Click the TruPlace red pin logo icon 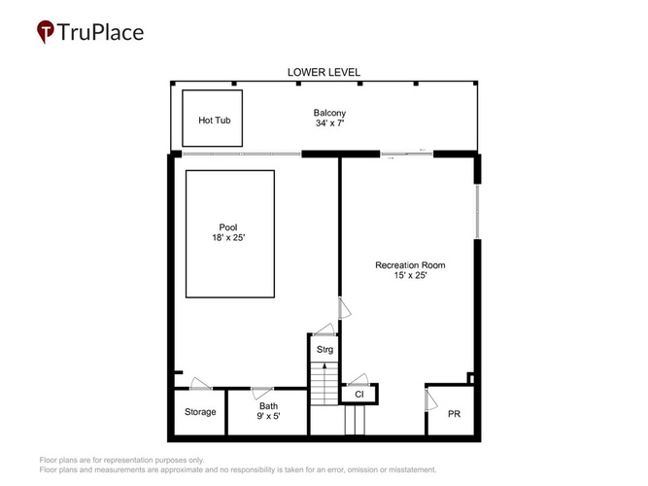[45, 31]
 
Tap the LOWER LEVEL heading [324, 72]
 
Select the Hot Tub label [214, 121]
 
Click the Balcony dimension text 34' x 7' [329, 122]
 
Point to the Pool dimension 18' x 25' [228, 237]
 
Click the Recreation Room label [410, 265]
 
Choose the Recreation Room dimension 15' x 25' [410, 275]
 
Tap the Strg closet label [324, 350]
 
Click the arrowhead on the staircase [324, 365]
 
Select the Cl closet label [359, 395]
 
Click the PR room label [454, 414]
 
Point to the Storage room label [200, 412]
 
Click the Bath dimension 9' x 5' [268, 416]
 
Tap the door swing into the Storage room [201, 383]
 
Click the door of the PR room [430, 399]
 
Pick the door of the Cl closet [358, 379]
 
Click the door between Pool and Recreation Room [344, 308]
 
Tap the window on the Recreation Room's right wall [477, 211]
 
